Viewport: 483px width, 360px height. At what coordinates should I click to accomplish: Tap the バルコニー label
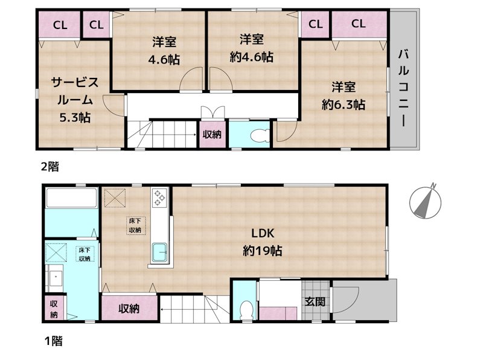[x=402, y=88]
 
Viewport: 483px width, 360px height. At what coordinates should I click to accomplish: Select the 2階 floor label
[x=50, y=167]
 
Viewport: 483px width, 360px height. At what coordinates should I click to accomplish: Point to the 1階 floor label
[x=53, y=341]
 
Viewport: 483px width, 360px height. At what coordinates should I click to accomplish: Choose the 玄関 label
[x=315, y=301]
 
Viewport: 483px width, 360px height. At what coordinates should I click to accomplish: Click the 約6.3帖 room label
[x=342, y=95]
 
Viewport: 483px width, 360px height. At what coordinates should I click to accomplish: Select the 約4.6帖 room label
[x=252, y=48]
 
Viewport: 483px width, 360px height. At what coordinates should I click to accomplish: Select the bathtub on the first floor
[x=71, y=199]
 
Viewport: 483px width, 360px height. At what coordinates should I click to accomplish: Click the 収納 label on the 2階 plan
[x=212, y=135]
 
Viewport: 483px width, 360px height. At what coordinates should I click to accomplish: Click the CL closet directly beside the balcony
[x=359, y=25]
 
